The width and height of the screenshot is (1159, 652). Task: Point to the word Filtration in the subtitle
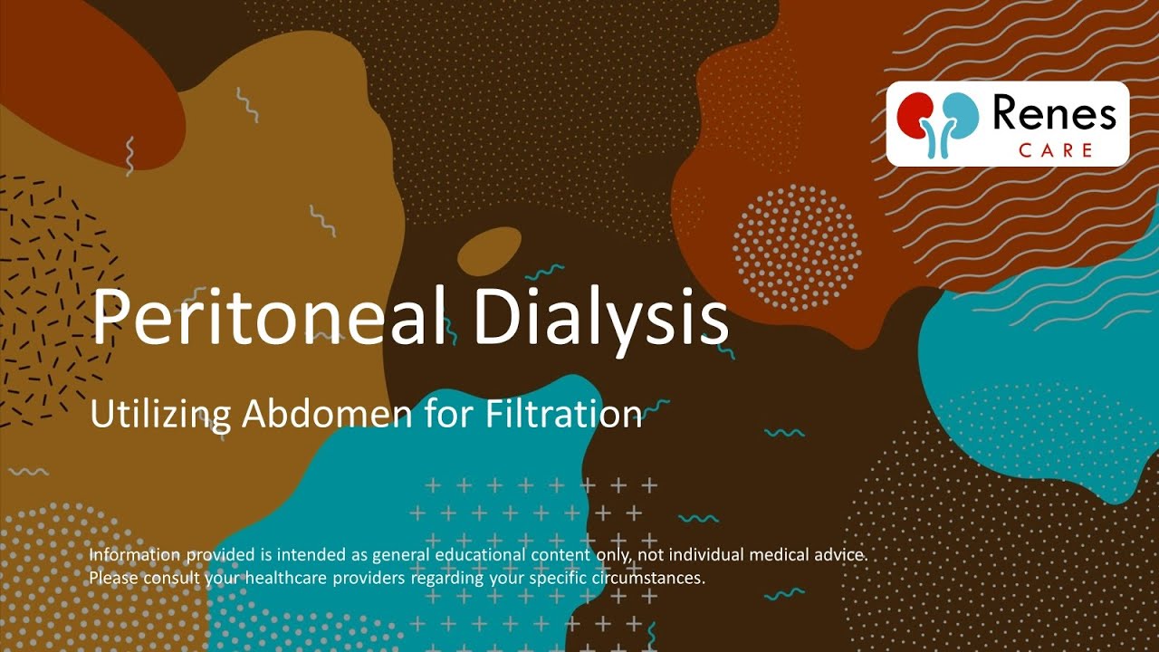563,414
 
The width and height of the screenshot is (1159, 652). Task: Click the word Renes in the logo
1054,114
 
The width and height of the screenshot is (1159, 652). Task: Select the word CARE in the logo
1055,150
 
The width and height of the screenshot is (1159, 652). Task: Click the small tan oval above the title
489,251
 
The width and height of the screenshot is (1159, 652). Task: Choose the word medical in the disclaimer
775,553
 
